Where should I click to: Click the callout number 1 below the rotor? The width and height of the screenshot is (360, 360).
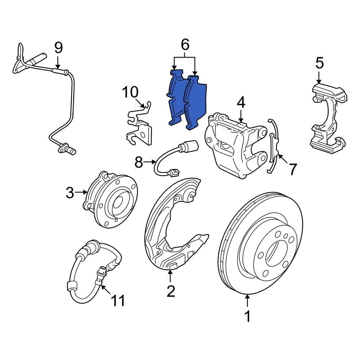pos(247,317)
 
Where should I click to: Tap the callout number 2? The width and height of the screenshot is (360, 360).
pos(170,291)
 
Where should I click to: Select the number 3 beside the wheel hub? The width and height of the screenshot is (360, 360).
pos(70,193)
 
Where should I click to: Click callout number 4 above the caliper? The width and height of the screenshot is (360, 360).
pos(241,103)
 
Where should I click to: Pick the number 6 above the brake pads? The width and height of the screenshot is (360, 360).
pos(184,45)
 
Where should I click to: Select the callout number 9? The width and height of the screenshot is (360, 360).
pos(58,48)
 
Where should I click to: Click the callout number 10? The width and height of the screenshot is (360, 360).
pos(130,92)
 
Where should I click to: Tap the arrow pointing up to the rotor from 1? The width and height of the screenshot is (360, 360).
pos(247,301)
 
